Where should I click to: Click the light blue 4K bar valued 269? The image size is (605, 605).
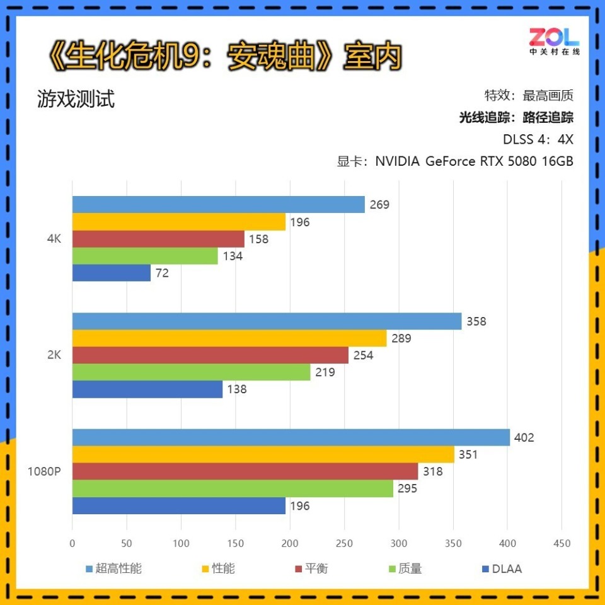pos(218,205)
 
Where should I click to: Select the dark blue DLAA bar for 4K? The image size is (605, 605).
pos(112,273)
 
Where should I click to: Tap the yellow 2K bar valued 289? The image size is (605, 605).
pos(229,338)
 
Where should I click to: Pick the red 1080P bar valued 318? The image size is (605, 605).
pos(245,471)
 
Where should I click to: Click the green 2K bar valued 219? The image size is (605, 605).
pos(192,372)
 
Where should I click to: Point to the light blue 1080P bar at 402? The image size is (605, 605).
pos(291,437)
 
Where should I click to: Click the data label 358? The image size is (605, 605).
pos(476,321)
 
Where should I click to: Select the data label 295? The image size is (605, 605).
pos(407,488)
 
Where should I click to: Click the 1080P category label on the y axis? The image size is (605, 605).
pos(44,471)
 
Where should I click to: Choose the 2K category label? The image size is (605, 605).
pos(54,355)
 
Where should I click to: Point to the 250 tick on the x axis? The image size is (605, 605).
pos(344,543)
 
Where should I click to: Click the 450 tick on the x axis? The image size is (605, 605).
pos(562,543)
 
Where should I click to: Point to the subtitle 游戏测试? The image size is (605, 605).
pos(76,99)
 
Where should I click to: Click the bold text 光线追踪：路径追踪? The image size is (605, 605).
pos(516,117)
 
